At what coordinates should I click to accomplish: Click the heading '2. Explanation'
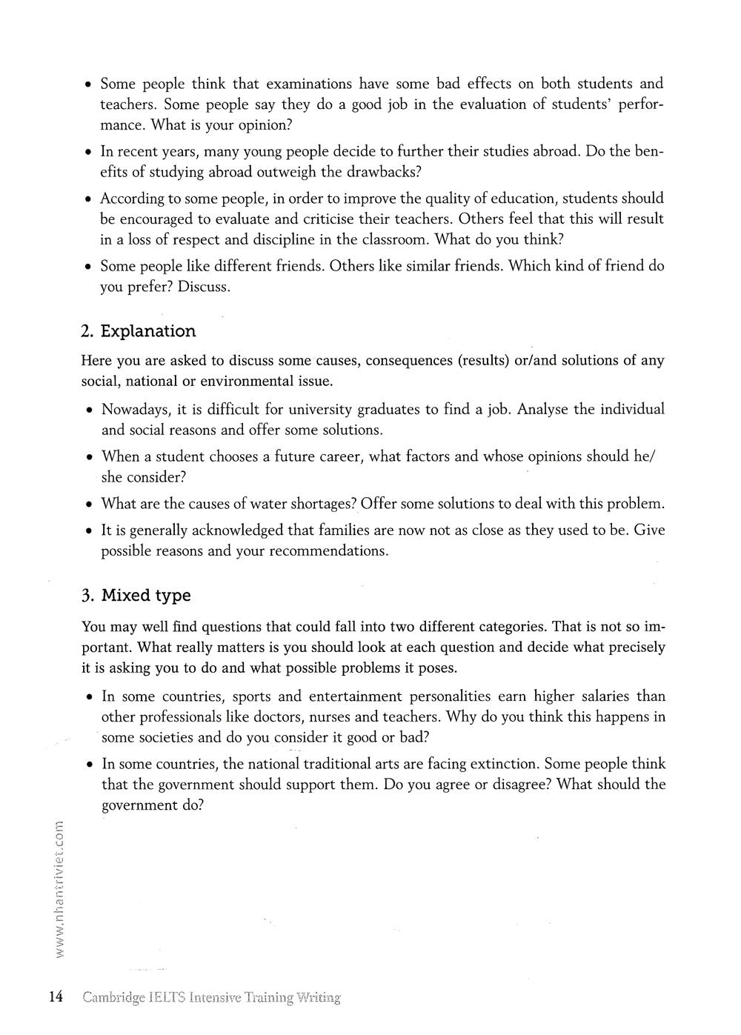click(x=139, y=331)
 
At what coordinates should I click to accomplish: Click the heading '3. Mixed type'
click(x=136, y=596)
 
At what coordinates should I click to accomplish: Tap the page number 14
click(x=56, y=996)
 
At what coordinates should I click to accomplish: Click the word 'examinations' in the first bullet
click(x=309, y=84)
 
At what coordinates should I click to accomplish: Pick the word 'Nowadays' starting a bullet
click(x=135, y=410)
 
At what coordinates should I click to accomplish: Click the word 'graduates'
click(x=389, y=410)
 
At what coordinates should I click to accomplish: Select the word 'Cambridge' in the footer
click(x=114, y=997)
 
